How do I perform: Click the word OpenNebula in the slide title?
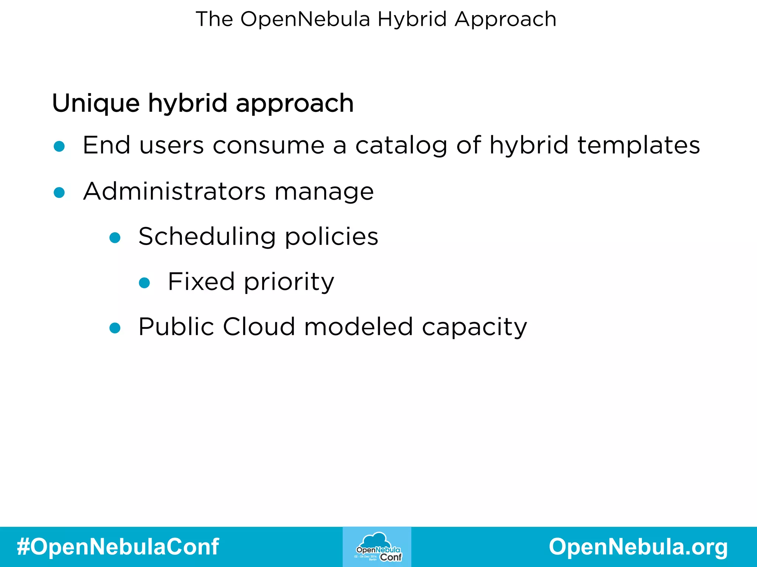305,19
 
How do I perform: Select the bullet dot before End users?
59,147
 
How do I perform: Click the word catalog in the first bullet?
401,145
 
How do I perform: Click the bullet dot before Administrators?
59,192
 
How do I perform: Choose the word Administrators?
174,191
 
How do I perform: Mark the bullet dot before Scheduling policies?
115,238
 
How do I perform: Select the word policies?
332,237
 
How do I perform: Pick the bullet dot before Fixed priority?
144,283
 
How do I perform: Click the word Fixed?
201,282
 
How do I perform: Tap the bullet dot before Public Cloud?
115,328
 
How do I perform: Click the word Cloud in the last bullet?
259,327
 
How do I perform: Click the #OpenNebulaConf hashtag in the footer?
118,547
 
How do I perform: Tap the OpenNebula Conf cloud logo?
377,547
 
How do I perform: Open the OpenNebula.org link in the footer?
638,547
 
